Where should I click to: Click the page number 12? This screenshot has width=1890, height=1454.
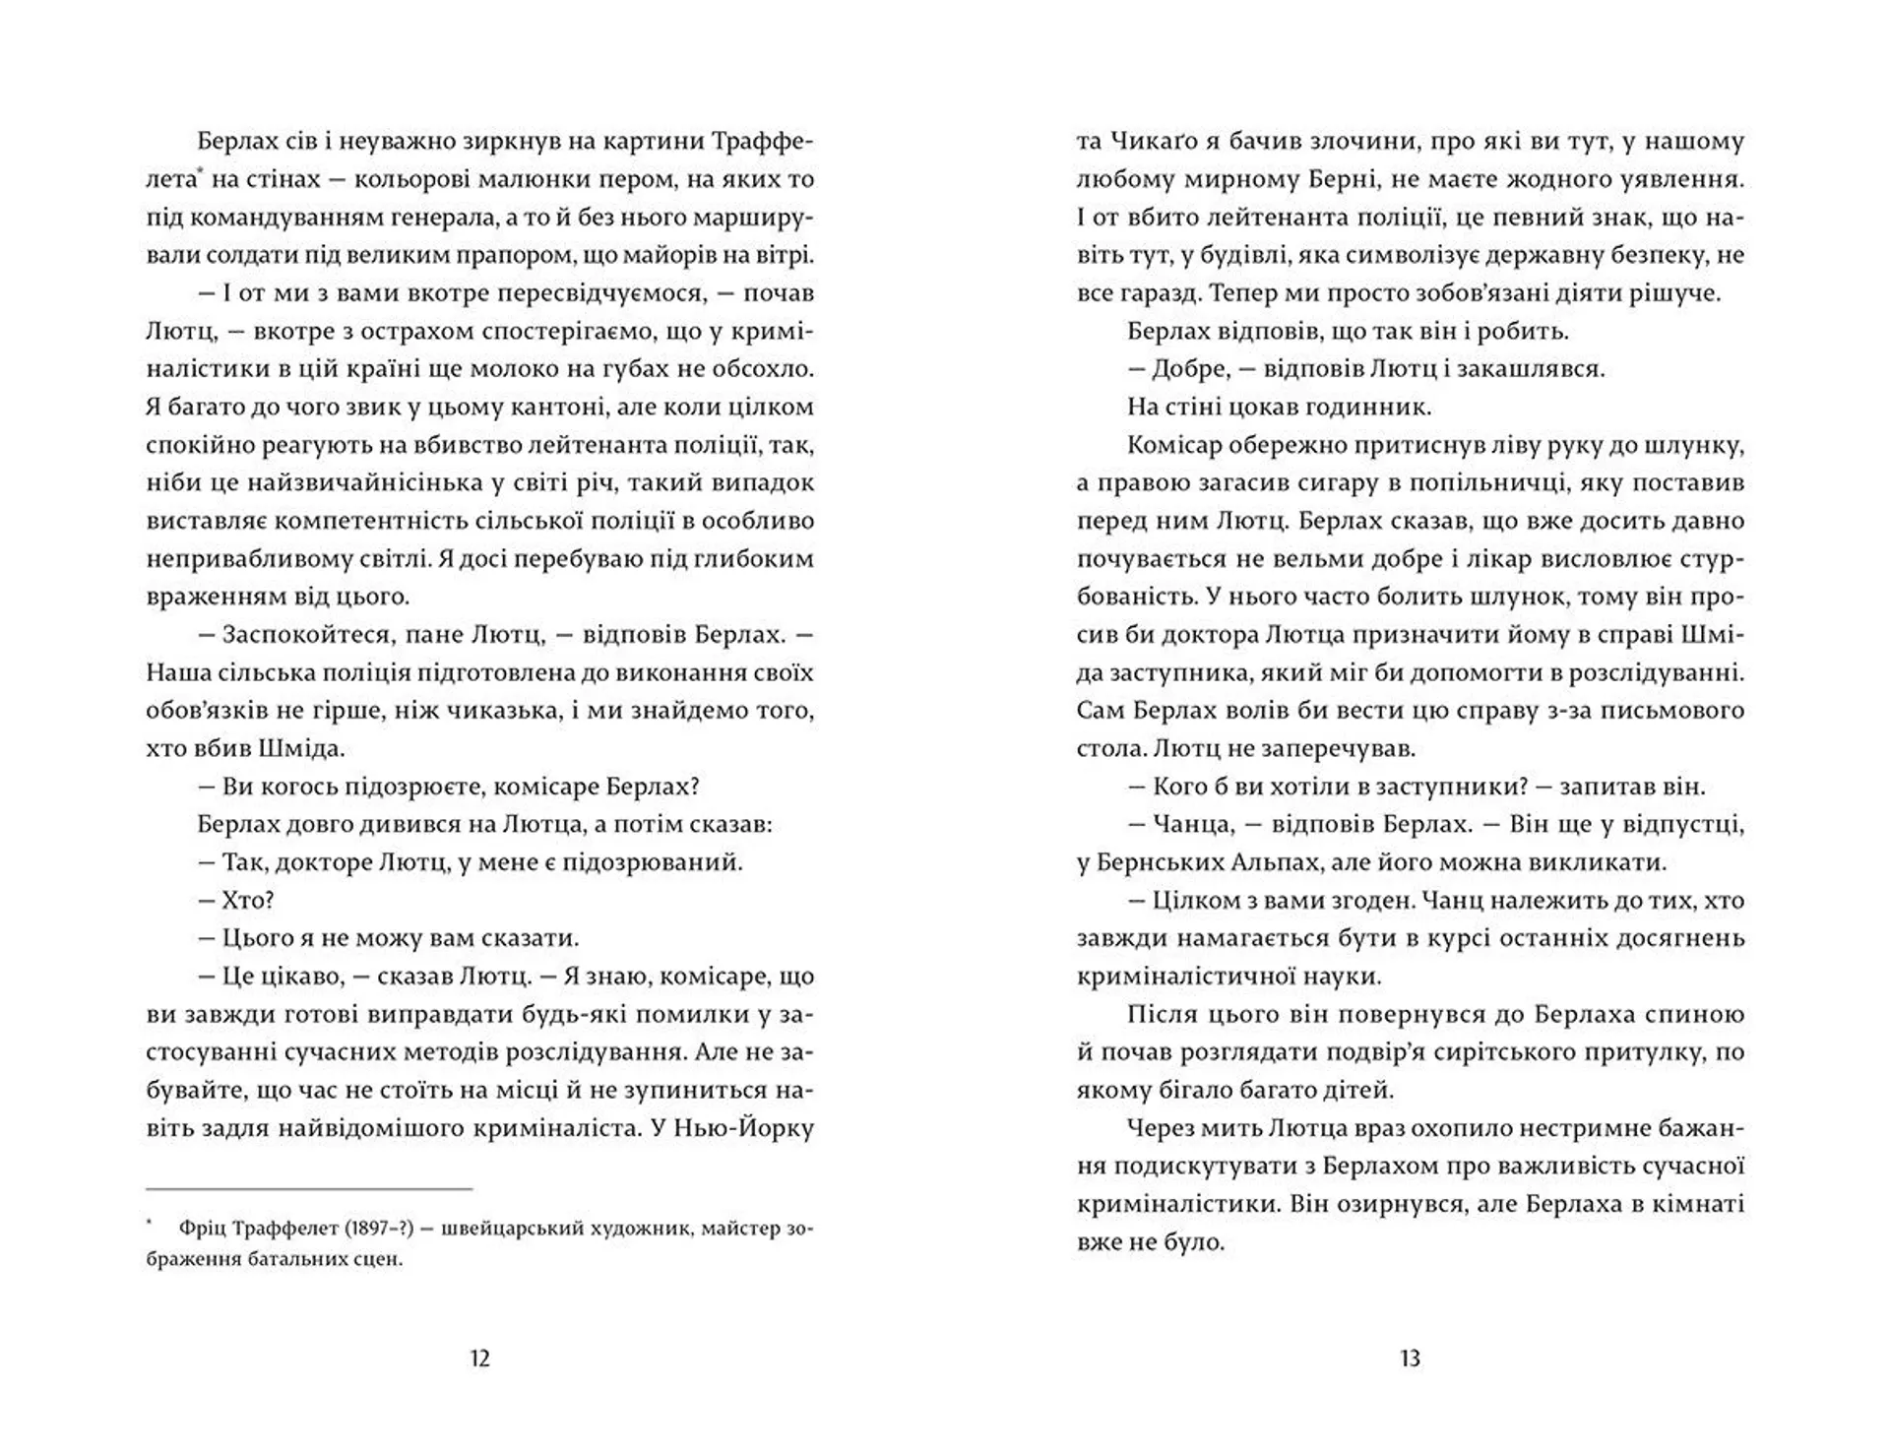[x=479, y=1359]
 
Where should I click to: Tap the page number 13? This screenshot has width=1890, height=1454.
[x=1410, y=1359]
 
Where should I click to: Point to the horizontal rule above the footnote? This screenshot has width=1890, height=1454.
[x=309, y=1189]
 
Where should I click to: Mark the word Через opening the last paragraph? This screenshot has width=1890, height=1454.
[x=1165, y=1127]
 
